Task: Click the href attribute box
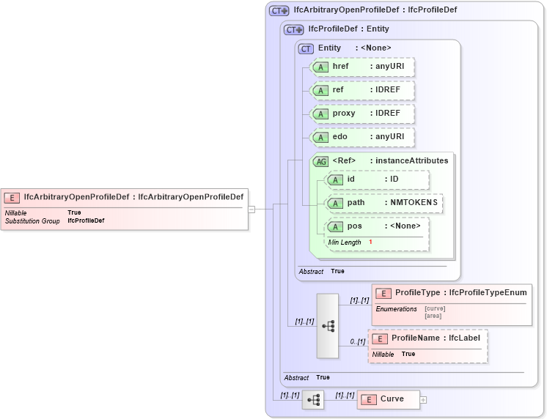click(x=363, y=67)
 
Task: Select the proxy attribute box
click(x=363, y=114)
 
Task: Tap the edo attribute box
click(x=363, y=137)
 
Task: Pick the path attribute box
click(x=384, y=203)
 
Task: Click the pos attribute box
click(x=377, y=226)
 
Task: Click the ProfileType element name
click(x=416, y=293)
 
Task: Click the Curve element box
click(x=389, y=399)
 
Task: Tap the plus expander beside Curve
click(x=423, y=400)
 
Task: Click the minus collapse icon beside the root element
click(x=252, y=209)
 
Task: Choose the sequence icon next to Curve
click(x=313, y=400)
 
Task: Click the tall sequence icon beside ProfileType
click(x=327, y=325)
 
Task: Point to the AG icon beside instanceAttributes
click(x=321, y=161)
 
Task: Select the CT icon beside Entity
click(x=306, y=48)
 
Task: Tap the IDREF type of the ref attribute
click(x=383, y=90)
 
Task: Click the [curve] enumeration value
click(x=435, y=308)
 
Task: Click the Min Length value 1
click(x=370, y=242)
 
